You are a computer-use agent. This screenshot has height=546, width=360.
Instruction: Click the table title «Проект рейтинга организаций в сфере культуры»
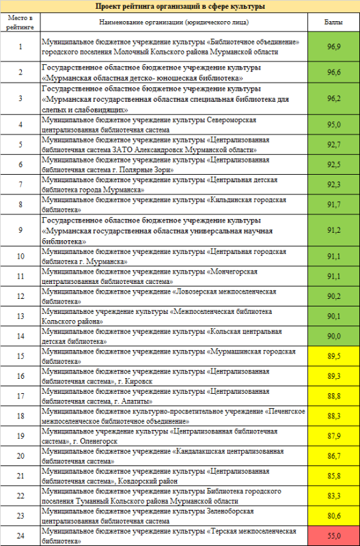tap(180, 6)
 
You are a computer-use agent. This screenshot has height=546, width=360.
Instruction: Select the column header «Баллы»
tap(333, 22)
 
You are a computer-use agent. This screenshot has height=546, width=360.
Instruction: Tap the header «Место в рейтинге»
tap(20, 22)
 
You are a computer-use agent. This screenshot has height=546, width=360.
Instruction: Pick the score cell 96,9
tap(333, 46)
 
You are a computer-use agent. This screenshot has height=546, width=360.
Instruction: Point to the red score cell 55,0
tap(333, 536)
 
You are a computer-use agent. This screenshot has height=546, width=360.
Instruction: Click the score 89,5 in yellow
tap(333, 356)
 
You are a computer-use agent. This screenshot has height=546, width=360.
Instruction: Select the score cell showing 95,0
tap(333, 124)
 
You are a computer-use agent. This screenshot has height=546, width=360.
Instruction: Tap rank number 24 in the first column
tap(20, 536)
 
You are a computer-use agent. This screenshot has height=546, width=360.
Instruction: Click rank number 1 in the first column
tap(20, 46)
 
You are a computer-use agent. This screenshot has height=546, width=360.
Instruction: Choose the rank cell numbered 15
tap(20, 356)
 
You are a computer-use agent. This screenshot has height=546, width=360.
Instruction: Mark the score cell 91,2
tap(333, 231)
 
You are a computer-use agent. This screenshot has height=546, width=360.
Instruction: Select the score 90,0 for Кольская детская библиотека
tap(333, 336)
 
